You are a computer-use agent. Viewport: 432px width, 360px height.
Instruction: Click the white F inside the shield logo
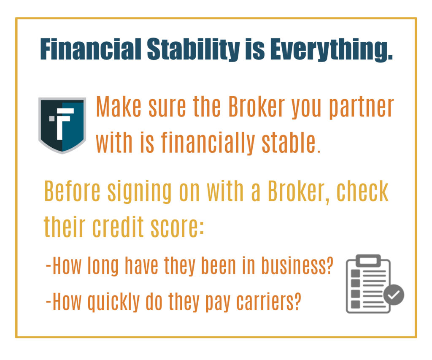[x=65, y=124]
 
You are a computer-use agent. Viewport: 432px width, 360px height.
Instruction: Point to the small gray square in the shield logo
[x=52, y=119]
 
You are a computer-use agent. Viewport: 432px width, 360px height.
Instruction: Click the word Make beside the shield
[x=119, y=106]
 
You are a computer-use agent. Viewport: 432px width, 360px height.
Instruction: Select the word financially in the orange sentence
[x=208, y=143]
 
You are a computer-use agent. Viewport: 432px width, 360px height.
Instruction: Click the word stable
[x=291, y=142]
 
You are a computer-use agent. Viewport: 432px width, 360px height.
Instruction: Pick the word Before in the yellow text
[x=72, y=191]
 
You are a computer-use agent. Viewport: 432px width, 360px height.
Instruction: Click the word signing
[x=139, y=192]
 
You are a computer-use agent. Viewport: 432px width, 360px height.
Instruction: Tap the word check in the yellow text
[x=362, y=191]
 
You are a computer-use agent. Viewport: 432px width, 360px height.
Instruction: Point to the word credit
[x=118, y=227]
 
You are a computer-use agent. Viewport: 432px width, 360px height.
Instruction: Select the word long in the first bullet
[x=103, y=266]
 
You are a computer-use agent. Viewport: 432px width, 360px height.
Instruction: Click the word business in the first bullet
[x=297, y=265]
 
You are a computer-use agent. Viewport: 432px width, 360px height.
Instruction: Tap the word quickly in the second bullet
[x=113, y=302]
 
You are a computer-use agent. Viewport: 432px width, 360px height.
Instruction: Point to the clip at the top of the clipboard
[x=368, y=260]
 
